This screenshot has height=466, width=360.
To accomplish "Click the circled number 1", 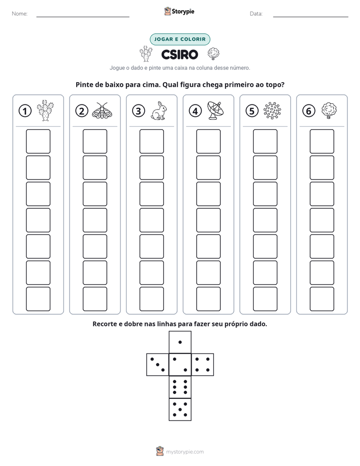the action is pyautogui.click(x=25, y=111).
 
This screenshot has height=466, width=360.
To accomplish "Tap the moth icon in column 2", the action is pyautogui.click(x=102, y=110).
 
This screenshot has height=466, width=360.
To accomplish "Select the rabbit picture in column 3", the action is pyautogui.click(x=159, y=111).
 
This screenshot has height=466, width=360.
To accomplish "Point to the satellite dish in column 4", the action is pyautogui.click(x=216, y=110).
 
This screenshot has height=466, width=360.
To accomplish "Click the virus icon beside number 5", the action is pyautogui.click(x=272, y=110).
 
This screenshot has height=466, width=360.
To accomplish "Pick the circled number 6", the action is pyautogui.click(x=309, y=111).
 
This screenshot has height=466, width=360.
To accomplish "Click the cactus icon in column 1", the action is pyautogui.click(x=45, y=110).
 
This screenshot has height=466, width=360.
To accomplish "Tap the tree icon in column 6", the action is pyautogui.click(x=329, y=110).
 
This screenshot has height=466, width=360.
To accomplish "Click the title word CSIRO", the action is pyautogui.click(x=179, y=54).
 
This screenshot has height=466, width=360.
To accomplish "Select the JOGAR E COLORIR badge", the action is pyautogui.click(x=180, y=39).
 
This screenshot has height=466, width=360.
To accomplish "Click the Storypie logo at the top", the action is pyautogui.click(x=179, y=11).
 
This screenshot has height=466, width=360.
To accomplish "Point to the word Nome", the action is pyautogui.click(x=20, y=14).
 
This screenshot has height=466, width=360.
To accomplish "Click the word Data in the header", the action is pyautogui.click(x=256, y=14).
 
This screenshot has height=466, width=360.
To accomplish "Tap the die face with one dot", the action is pyautogui.click(x=180, y=342).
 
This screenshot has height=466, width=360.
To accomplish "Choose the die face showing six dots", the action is pyautogui.click(x=180, y=387).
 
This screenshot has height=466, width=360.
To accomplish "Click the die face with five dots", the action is pyautogui.click(x=180, y=409).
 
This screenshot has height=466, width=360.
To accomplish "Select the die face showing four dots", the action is pyautogui.click(x=203, y=365).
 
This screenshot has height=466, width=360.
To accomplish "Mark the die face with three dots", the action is pyautogui.click(x=158, y=365).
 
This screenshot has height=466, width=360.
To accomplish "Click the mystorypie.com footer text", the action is pyautogui.click(x=185, y=452).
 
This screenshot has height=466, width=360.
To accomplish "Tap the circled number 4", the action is pyautogui.click(x=195, y=111).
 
